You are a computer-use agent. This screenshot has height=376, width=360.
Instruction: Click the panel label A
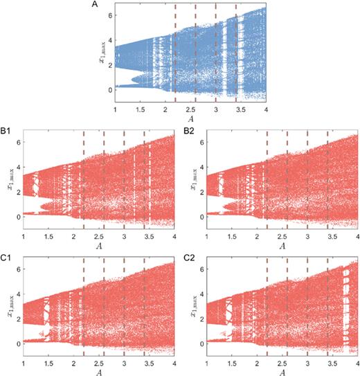tap(95, 6)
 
